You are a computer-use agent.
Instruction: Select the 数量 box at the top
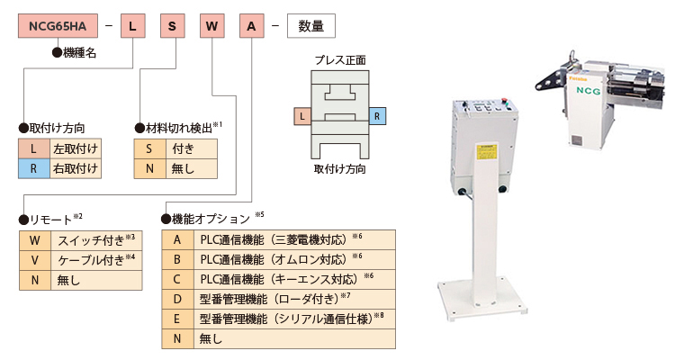pyautogui.click(x=310, y=26)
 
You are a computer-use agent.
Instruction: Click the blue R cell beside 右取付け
pyautogui.click(x=32, y=168)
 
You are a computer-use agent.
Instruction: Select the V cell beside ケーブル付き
pyautogui.click(x=33, y=260)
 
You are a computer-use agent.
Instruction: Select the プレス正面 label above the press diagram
pyautogui.click(x=339, y=60)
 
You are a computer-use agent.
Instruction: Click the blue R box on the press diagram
pyautogui.click(x=378, y=116)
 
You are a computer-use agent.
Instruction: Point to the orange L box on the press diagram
pyautogui.click(x=301, y=116)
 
